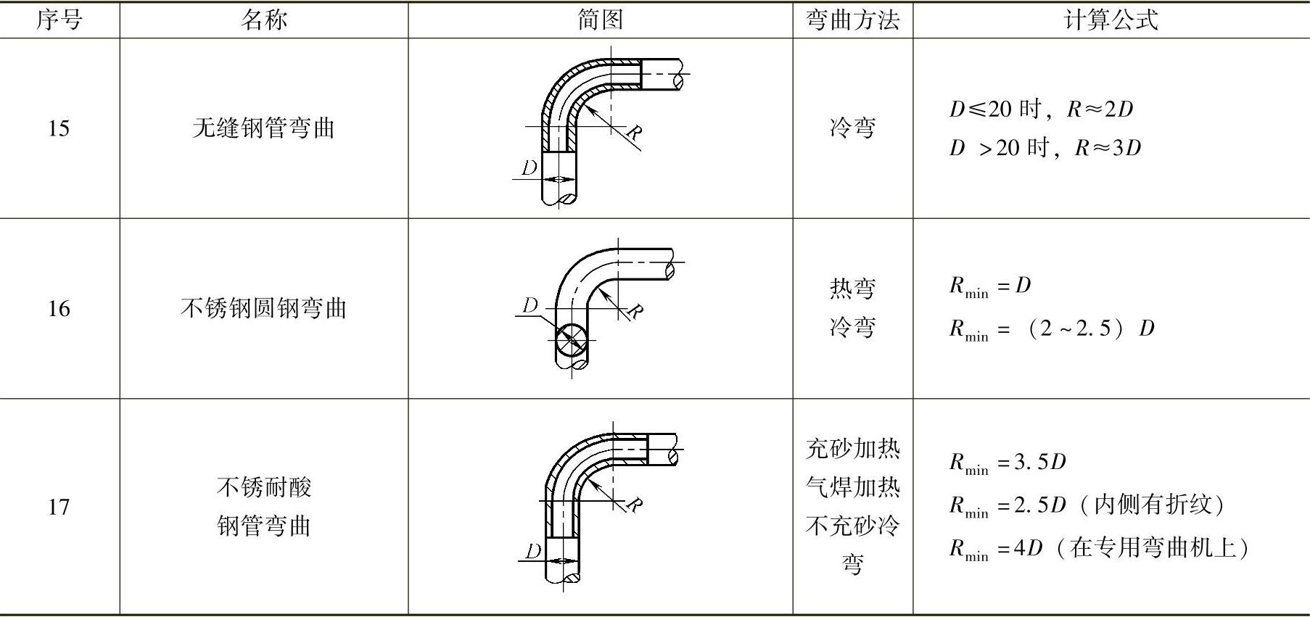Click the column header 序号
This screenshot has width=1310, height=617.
pyautogui.click(x=59, y=20)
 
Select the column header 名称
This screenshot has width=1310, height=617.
pyautogui.click(x=263, y=20)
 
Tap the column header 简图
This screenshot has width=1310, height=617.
pyautogui.click(x=600, y=20)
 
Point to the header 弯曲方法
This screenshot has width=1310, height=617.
pyautogui.click(x=852, y=20)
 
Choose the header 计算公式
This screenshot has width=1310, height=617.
pyautogui.click(x=1111, y=20)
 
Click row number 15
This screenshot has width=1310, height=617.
pyautogui.click(x=59, y=128)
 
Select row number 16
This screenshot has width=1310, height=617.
pyautogui.click(x=59, y=309)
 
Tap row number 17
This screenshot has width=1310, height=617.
pyautogui.click(x=59, y=507)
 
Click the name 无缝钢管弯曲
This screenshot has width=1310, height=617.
pyautogui.click(x=263, y=128)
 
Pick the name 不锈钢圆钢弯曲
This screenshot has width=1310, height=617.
pyautogui.click(x=263, y=309)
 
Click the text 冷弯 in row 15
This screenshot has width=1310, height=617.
pyautogui.click(x=852, y=128)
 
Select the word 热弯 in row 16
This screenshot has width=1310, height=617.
pyautogui.click(x=852, y=289)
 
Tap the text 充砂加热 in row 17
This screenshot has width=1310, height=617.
pyautogui.click(x=852, y=449)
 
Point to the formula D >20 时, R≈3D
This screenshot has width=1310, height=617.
pyautogui.click(x=1045, y=148)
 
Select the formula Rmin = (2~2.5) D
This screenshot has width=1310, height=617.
pyautogui.click(x=1052, y=328)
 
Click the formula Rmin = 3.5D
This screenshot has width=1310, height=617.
pyautogui.click(x=1008, y=462)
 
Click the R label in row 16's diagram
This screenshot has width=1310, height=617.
pyautogui.click(x=634, y=312)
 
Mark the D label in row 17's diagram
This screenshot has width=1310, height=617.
pyautogui.click(x=533, y=551)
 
